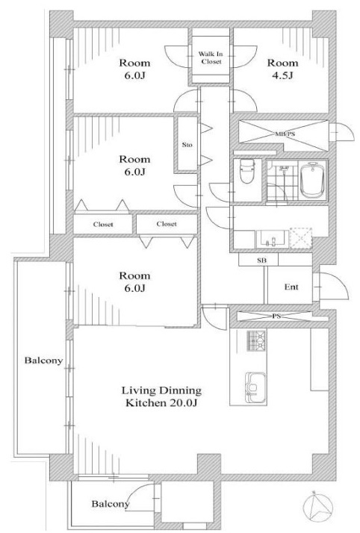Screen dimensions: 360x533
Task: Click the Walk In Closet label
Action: [211, 57]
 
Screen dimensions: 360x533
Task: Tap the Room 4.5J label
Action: [282, 69]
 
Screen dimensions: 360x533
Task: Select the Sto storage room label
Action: [187, 145]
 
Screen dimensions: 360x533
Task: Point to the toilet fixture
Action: [247, 171]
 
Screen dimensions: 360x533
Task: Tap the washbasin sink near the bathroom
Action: [272, 240]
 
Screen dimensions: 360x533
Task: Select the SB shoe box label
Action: [261, 261]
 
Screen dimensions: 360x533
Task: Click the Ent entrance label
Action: [291, 287]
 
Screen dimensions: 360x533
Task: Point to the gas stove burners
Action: [256, 340]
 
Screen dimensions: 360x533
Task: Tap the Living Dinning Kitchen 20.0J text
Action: [161, 396]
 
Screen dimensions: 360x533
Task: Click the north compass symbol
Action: [318, 507]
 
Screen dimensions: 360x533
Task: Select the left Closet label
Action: [103, 225]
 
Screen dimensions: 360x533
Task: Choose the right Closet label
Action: [167, 224]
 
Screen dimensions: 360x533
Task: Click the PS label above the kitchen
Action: [276, 316]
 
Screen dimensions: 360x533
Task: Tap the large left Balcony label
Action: [43, 361]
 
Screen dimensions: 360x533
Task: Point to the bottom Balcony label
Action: [111, 504]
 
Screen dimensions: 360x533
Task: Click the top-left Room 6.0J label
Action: [134, 69]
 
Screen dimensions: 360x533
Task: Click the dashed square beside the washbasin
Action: [300, 238]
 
